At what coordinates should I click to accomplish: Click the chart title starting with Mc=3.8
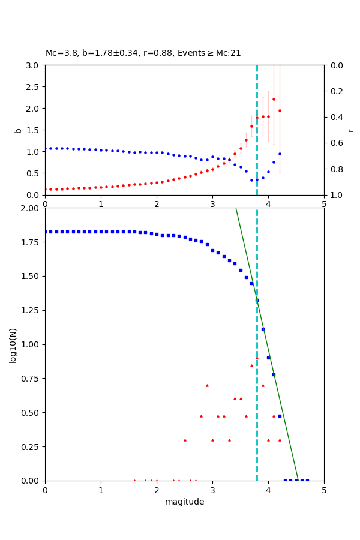click(143, 53)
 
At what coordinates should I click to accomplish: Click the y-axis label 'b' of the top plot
click(18, 130)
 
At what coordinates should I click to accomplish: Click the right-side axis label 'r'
click(351, 130)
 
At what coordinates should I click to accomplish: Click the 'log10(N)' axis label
click(13, 345)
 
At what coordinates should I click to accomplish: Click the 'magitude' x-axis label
click(184, 502)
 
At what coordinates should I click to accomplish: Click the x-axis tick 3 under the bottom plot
click(212, 490)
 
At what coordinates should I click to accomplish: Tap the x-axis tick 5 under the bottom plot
click(324, 490)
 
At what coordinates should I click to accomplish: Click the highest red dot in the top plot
click(274, 100)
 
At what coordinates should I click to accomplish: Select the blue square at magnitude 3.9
click(263, 329)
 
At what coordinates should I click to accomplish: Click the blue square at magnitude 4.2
click(280, 416)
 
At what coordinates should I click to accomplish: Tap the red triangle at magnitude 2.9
click(207, 385)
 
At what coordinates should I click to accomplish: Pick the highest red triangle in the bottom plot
click(257, 358)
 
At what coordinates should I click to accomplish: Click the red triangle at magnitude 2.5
click(185, 440)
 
